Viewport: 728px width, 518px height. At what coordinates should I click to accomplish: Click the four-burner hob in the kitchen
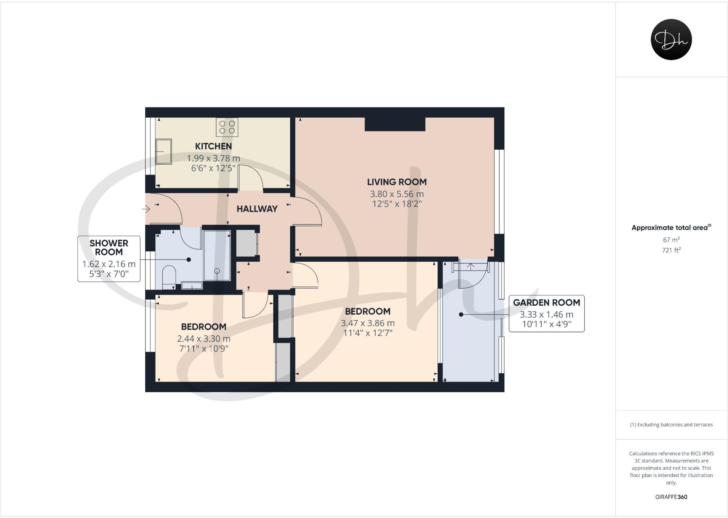[227, 127]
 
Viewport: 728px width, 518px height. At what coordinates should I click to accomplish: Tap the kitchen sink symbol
[164, 151]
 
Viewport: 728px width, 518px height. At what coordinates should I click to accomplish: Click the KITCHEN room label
[213, 146]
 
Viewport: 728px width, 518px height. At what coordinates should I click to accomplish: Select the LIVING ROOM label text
[397, 182]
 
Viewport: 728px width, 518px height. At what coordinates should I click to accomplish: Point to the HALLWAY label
[257, 209]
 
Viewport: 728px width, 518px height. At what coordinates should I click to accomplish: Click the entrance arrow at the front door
[146, 209]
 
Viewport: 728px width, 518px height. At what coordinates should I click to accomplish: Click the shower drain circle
[217, 271]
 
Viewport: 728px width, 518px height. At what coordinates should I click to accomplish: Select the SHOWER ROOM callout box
[109, 258]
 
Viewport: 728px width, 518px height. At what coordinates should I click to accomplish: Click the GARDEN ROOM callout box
[546, 314]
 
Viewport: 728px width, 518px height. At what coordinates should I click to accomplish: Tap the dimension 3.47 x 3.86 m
[368, 323]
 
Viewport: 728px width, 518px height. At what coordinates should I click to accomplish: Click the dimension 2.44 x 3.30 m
[204, 339]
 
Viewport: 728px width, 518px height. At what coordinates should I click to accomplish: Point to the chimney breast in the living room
[395, 124]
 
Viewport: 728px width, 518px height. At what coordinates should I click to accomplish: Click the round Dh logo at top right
[671, 39]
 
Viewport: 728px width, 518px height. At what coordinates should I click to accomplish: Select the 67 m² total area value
[671, 240]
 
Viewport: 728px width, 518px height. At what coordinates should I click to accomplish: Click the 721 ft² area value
[671, 250]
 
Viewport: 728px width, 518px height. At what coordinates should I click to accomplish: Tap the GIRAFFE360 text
[671, 497]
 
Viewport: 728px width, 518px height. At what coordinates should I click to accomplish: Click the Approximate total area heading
[671, 228]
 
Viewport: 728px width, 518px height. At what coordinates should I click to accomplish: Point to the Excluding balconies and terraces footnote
[671, 424]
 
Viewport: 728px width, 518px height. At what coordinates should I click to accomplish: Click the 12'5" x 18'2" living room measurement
[397, 204]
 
